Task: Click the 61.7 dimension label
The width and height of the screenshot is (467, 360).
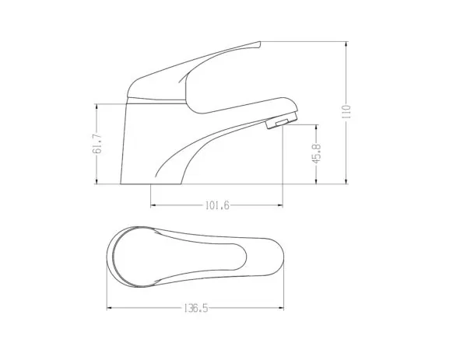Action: coord(97,144)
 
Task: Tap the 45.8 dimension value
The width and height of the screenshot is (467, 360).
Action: coord(316,153)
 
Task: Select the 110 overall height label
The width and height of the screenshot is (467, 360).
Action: coord(346,112)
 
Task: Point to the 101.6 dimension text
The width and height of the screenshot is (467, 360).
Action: coord(217,205)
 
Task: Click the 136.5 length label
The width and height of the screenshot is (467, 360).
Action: coord(195,308)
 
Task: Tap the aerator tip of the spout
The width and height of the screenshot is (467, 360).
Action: coord(283,120)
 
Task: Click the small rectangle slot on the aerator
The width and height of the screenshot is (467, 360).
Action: coord(282,123)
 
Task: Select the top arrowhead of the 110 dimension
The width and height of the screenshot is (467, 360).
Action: coord(346,44)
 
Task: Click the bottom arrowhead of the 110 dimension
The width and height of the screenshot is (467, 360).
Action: coord(346,181)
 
